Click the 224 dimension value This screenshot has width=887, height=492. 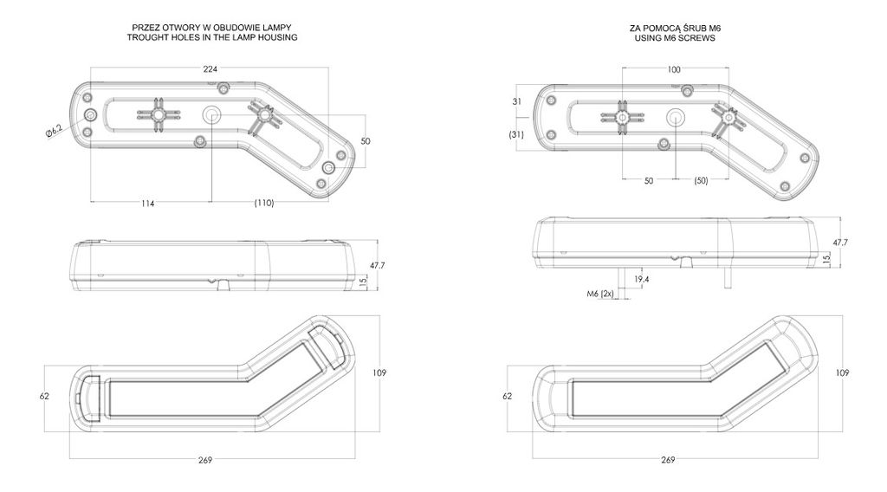click(210, 69)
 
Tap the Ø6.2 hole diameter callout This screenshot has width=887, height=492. click(55, 131)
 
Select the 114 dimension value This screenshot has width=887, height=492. click(147, 203)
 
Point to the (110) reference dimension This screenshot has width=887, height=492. click(263, 203)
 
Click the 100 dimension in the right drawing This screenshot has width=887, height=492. click(674, 69)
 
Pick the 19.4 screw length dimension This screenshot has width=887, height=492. click(642, 280)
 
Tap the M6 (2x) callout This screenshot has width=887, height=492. click(600, 294)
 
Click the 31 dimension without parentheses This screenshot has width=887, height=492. click(516, 102)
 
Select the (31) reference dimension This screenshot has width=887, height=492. click(516, 134)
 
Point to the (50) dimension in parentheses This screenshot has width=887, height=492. click(701, 180)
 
